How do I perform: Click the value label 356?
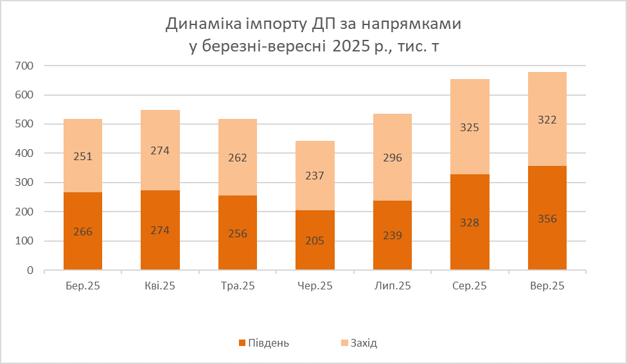point(547,219)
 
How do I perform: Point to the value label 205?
point(315,241)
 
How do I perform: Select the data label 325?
point(470,127)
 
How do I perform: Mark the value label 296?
point(392,158)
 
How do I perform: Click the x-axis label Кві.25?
point(160,286)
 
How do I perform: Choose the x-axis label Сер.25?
point(470,286)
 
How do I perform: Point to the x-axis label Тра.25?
point(238,286)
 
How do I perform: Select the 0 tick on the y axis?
point(30,271)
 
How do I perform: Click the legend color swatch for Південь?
point(242,343)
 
